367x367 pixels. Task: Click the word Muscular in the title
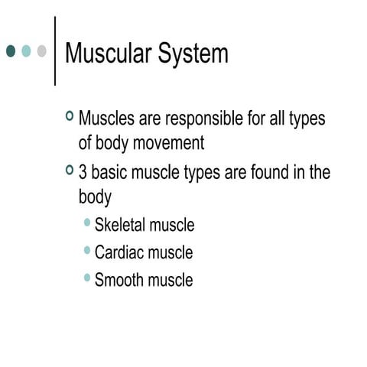(107, 54)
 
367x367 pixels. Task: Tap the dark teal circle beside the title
(11, 51)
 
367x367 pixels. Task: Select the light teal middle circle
(26, 51)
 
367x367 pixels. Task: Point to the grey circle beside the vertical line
(41, 51)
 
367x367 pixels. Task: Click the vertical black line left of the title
(55, 51)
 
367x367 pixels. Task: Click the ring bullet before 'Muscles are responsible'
(70, 117)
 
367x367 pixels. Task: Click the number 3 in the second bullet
(83, 173)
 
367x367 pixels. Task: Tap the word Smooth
(119, 279)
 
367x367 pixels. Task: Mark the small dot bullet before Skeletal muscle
(88, 222)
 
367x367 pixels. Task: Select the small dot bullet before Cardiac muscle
(88, 250)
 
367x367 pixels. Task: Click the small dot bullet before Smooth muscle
(88, 278)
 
